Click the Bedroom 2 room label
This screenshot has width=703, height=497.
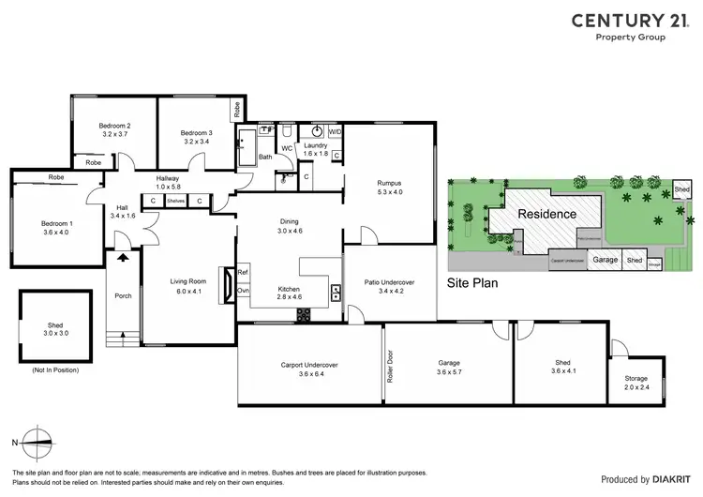(114, 126)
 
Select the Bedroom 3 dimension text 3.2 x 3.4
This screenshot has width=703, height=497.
(197, 143)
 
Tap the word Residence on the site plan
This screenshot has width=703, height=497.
(548, 214)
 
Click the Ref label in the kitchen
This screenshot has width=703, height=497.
(242, 273)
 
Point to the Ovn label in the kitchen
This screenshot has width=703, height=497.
(242, 291)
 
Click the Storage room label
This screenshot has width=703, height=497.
(636, 378)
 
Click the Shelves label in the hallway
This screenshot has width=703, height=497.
(175, 201)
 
